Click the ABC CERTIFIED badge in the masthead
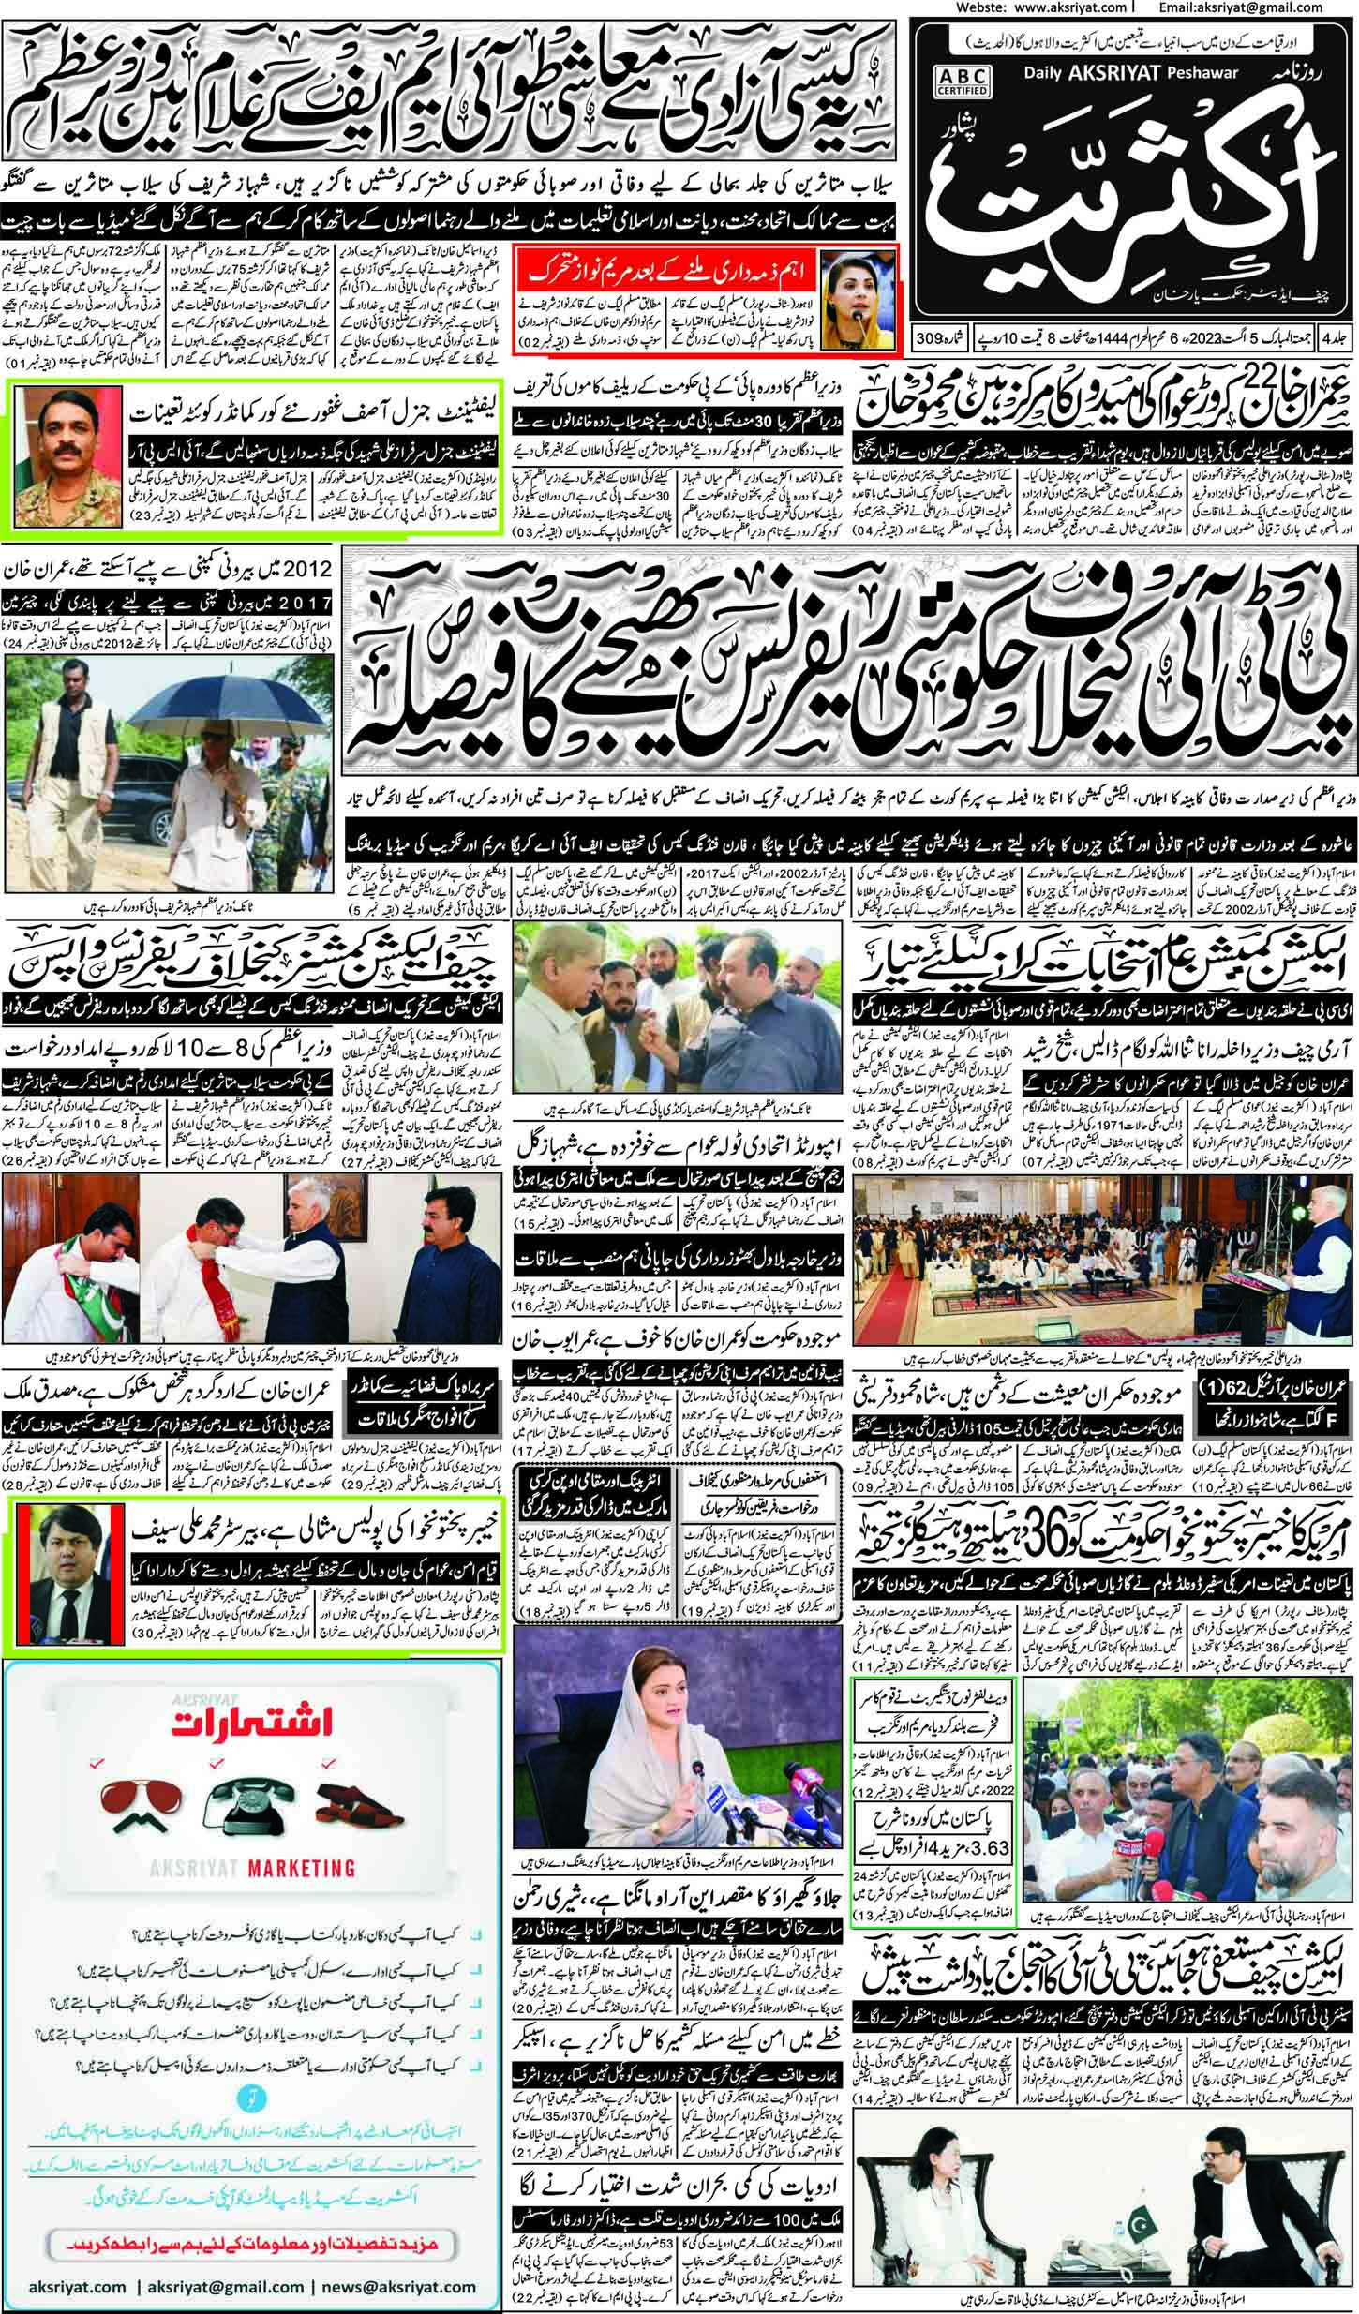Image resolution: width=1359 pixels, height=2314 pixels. point(952,81)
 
